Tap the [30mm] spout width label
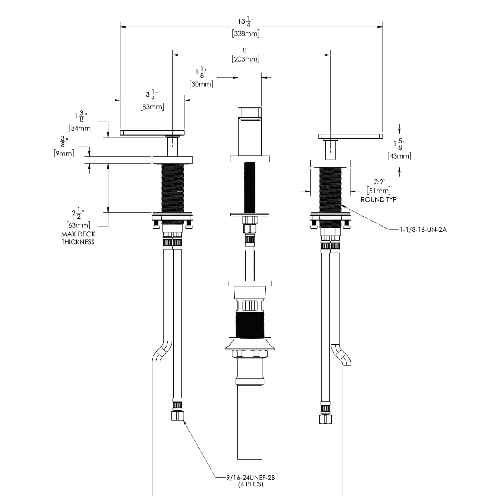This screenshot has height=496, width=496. [201, 84]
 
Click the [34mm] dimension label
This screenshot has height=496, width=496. [81, 128]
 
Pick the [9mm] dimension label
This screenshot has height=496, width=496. [64, 154]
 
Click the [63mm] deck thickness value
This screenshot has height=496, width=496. [78, 225]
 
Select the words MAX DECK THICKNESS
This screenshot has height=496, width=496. [78, 238]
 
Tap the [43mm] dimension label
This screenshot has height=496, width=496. [399, 156]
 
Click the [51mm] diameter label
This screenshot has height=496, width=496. [379, 191]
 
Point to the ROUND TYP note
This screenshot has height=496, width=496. [379, 200]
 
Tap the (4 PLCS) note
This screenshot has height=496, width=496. [250, 484]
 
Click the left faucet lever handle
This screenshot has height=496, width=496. [152, 133]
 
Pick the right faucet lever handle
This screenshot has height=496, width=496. [351, 136]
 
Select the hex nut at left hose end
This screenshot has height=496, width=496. [176, 415]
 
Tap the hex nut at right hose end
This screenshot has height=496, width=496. [325, 419]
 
